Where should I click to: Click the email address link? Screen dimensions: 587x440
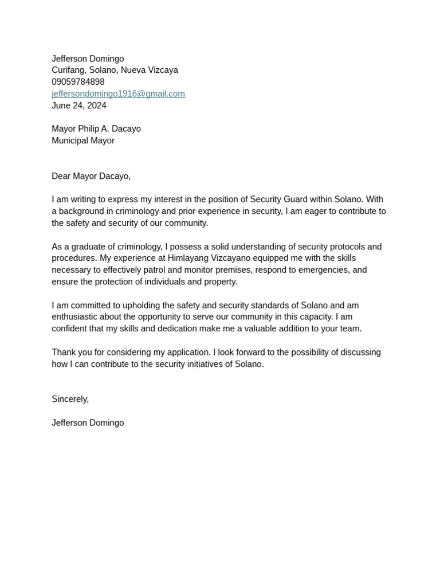118,93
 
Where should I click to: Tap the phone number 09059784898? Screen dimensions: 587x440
78,82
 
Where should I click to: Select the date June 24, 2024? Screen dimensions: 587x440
79,105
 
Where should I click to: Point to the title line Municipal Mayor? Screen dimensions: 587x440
83,140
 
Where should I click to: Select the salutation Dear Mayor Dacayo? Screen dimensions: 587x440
91,176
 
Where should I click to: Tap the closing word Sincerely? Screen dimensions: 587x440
70,399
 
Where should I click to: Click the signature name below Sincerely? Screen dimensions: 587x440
88,422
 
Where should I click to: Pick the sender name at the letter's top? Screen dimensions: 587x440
88,58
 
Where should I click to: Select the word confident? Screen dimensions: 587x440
72,328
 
